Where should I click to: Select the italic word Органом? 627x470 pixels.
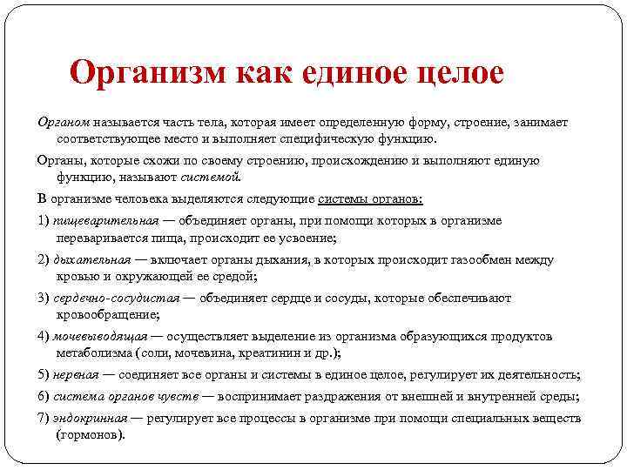point(63,123)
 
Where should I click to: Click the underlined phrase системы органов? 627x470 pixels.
point(370,198)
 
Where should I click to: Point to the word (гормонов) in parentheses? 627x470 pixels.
point(92,433)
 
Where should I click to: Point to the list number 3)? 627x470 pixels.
point(43,298)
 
